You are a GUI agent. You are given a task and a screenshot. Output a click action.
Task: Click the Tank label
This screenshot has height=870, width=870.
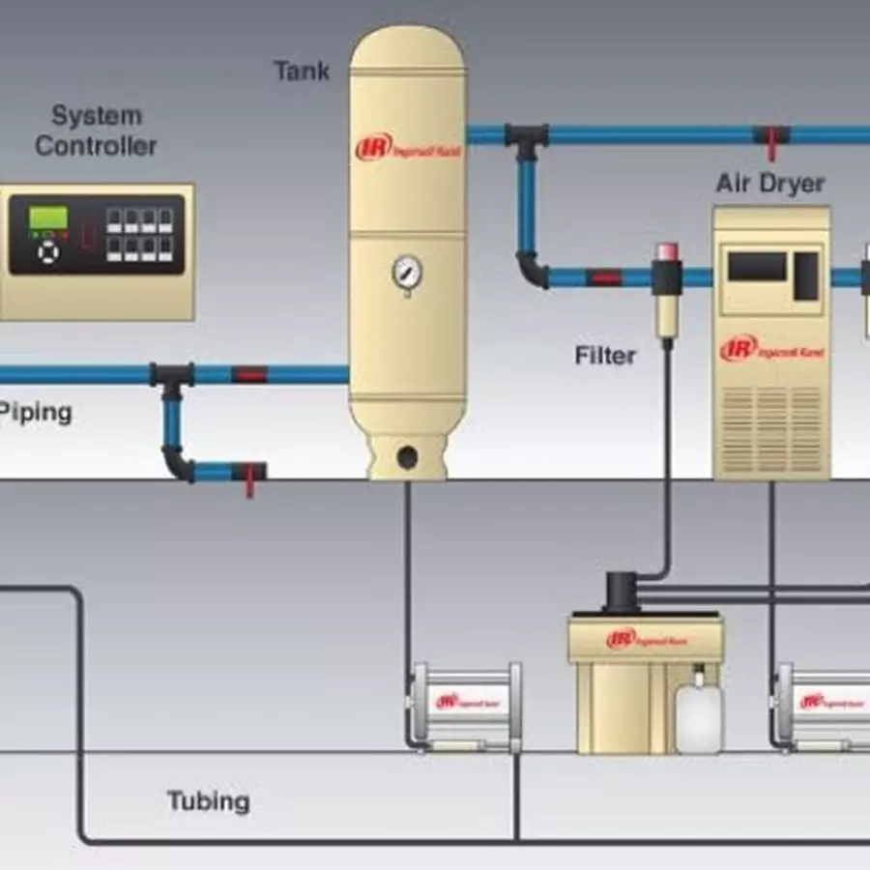(x=302, y=71)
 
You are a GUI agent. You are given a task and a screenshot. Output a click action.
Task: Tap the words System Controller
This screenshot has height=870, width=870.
(x=96, y=131)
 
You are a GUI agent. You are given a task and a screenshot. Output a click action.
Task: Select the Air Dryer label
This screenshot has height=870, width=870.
(x=769, y=184)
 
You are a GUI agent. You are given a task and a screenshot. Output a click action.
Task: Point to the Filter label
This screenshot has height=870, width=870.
(x=605, y=356)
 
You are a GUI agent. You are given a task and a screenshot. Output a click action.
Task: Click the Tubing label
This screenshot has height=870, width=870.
(x=208, y=801)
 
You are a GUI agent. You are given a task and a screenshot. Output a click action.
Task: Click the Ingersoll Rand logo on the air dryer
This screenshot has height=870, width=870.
(x=771, y=350)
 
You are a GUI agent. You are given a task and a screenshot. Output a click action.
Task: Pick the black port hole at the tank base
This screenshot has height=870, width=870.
(x=407, y=454)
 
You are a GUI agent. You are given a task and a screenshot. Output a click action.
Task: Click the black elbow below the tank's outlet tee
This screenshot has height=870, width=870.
(x=530, y=270)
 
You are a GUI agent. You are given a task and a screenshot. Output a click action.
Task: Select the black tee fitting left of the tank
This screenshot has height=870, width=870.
(x=171, y=376)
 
